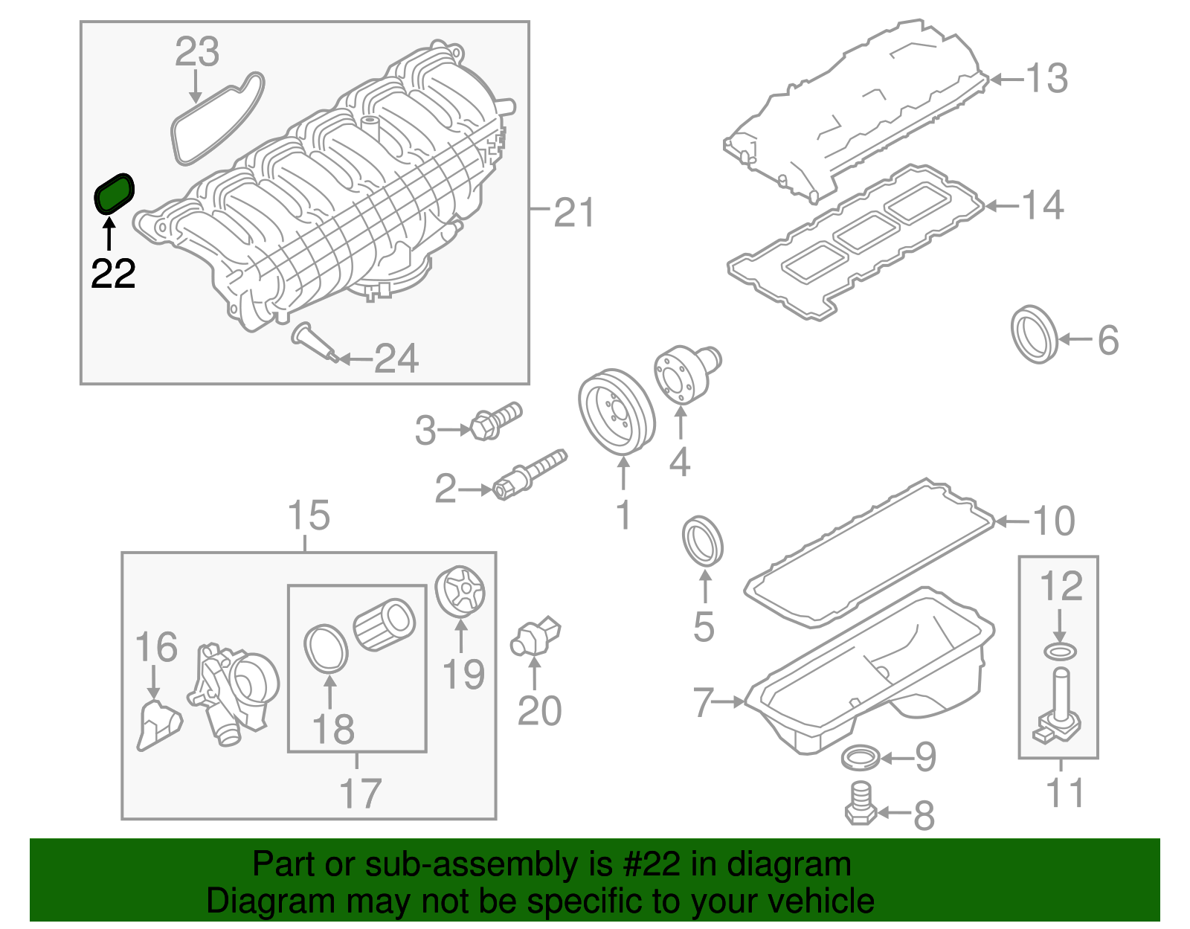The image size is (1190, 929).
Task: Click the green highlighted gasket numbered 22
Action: [115, 193]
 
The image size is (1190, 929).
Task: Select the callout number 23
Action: [197, 52]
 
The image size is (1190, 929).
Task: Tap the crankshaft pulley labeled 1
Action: [616, 411]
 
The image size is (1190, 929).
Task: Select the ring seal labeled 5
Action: [703, 541]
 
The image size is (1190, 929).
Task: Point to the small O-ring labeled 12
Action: [1060, 652]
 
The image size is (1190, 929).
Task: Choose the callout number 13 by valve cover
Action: [1046, 78]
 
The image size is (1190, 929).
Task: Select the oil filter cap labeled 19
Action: [460, 592]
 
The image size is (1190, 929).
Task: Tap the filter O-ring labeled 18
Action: [326, 647]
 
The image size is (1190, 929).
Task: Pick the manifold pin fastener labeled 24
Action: [317, 344]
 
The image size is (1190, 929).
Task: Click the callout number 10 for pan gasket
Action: [1054, 521]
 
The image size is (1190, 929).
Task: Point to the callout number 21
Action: [574, 213]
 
